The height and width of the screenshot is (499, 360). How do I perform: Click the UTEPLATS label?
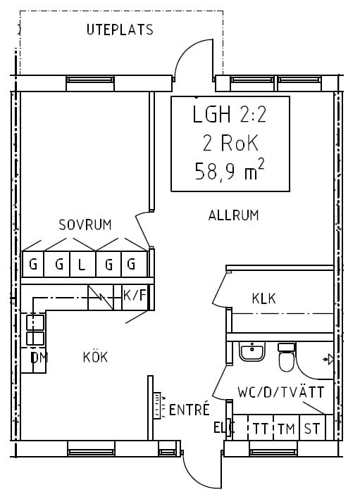pyautogui.click(x=120, y=30)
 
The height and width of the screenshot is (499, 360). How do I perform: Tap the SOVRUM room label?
pyautogui.click(x=85, y=225)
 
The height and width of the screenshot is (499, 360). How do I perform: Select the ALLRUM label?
pyautogui.click(x=233, y=215)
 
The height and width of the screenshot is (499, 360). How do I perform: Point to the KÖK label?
pyautogui.click(x=95, y=356)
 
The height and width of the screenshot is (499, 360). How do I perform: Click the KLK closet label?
pyautogui.click(x=263, y=298)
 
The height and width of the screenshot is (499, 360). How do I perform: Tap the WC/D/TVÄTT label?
pyautogui.click(x=280, y=392)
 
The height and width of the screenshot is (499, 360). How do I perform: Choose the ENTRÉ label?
pyautogui.click(x=190, y=409)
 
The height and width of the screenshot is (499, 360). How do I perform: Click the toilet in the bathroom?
pyautogui.click(x=287, y=357)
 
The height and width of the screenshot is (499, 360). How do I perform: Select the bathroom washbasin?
pyautogui.click(x=252, y=352)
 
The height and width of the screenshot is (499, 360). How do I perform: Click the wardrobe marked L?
pyautogui.click(x=82, y=264)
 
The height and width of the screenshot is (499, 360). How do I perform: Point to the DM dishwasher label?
pyautogui.click(x=39, y=358)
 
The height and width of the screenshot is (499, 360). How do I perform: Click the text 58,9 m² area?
pyautogui.click(x=230, y=170)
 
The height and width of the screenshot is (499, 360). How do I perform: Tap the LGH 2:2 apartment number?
pyautogui.click(x=230, y=114)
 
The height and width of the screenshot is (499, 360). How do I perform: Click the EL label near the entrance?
pyautogui.click(x=221, y=428)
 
